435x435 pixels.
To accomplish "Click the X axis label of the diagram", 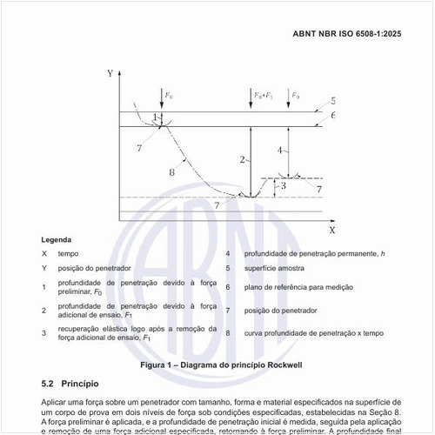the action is (331, 231).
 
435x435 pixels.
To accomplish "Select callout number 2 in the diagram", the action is (243, 160).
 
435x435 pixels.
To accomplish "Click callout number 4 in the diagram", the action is (279, 151).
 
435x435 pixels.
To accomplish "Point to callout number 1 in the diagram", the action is (155, 117).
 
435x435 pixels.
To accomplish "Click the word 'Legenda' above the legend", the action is (57, 239).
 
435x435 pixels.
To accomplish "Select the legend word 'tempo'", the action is (70, 253).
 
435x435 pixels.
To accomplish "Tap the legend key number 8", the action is (228, 332).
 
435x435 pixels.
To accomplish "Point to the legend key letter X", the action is (44, 253).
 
